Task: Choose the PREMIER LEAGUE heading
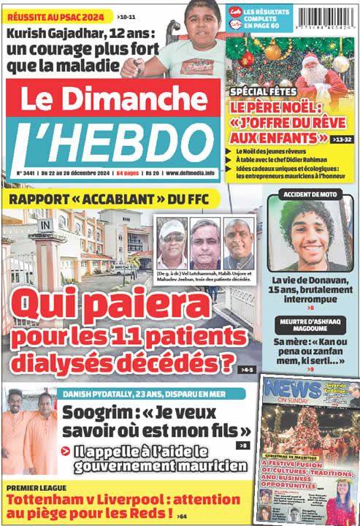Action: point(37,487)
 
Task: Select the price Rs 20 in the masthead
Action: point(153,173)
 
